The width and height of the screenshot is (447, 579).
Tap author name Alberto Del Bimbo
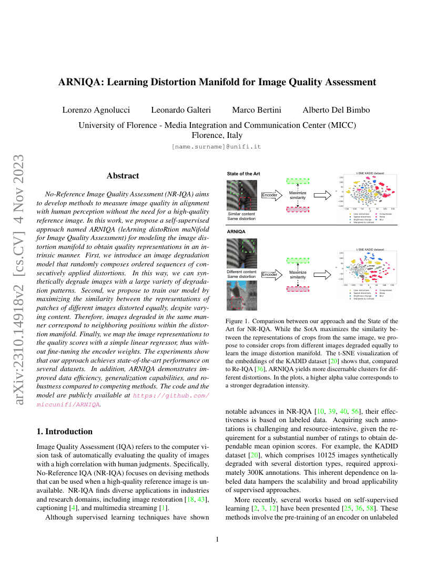[x=336, y=110]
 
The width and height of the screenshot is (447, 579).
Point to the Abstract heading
[x=123, y=176]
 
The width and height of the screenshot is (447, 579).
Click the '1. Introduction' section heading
[x=65, y=432]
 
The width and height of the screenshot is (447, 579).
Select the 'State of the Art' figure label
[x=243, y=173]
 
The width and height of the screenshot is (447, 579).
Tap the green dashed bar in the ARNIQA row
[x=298, y=261]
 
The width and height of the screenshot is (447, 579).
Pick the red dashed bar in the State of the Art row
[x=298, y=209]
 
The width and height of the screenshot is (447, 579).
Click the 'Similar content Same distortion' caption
[x=241, y=216]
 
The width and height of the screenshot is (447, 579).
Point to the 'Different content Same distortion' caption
[x=241, y=274]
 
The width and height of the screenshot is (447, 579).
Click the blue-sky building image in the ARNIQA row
[x=242, y=295]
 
